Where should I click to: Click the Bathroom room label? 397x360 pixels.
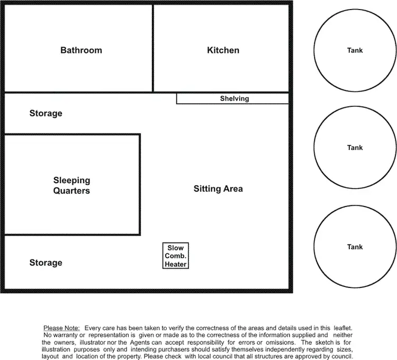[81, 50]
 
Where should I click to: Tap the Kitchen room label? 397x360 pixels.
[223, 50]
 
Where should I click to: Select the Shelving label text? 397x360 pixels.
[234, 98]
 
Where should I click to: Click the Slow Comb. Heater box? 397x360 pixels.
[176, 256]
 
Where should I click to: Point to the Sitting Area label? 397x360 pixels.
[218, 188]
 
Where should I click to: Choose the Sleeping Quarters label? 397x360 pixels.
[71, 185]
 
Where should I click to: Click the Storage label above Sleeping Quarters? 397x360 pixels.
[46, 113]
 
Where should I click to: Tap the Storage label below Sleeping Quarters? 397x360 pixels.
[46, 263]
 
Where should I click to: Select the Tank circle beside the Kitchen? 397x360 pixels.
[355, 50]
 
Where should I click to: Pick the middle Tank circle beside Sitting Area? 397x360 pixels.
[355, 148]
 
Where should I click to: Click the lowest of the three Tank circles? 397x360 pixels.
[355, 247]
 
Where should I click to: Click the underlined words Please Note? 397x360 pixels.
[61, 328]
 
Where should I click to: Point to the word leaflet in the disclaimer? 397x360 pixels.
[342, 328]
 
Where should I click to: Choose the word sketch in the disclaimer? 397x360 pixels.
[318, 343]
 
